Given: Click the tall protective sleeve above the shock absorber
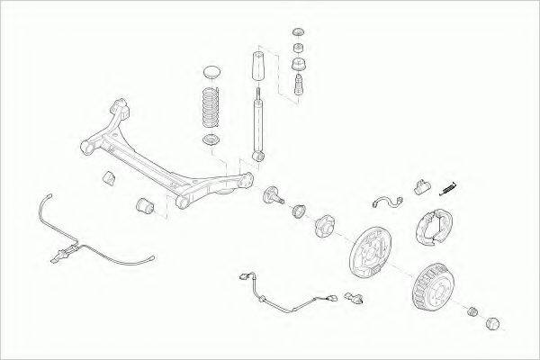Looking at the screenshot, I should [257, 68].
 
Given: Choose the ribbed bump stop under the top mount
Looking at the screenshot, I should [299, 88].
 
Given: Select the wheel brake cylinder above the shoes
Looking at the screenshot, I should [420, 188].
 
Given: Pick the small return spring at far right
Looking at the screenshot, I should [447, 187].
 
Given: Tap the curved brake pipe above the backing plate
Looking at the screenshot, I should [386, 202].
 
